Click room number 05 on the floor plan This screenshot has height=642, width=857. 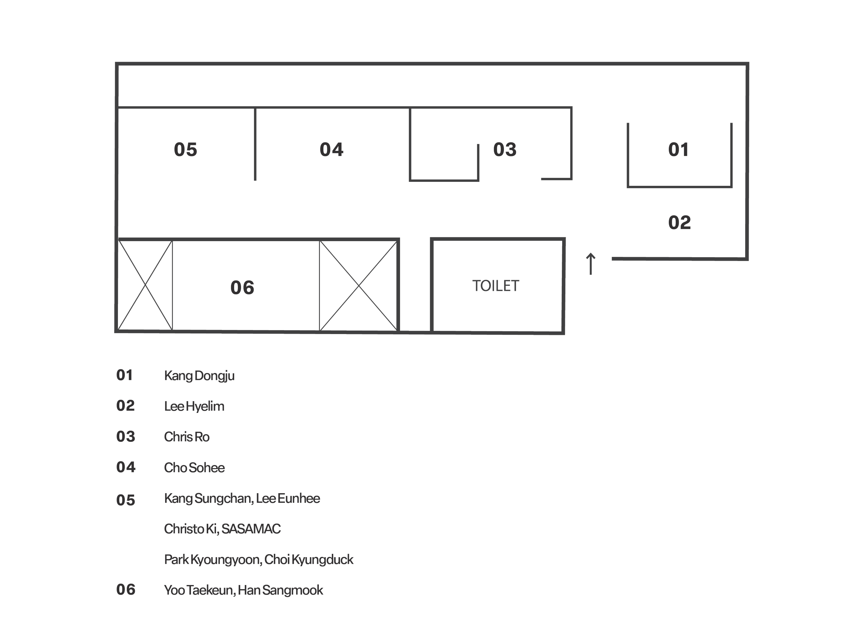(185, 149)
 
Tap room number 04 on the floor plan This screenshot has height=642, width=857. (331, 149)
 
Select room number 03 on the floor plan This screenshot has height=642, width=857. (505, 149)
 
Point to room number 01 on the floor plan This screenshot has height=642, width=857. (678, 149)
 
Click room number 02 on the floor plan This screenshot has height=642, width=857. (679, 222)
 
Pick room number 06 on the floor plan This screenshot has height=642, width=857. (242, 287)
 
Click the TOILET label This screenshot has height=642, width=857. (496, 286)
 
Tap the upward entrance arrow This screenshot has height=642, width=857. (590, 264)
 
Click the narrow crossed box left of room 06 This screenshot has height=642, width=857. (145, 285)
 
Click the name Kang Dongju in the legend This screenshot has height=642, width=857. (199, 376)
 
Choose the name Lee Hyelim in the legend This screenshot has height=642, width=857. (194, 406)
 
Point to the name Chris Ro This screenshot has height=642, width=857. (187, 437)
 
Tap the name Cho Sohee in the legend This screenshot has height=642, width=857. (194, 467)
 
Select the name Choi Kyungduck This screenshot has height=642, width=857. (310, 559)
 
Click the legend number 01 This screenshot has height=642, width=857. (125, 375)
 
